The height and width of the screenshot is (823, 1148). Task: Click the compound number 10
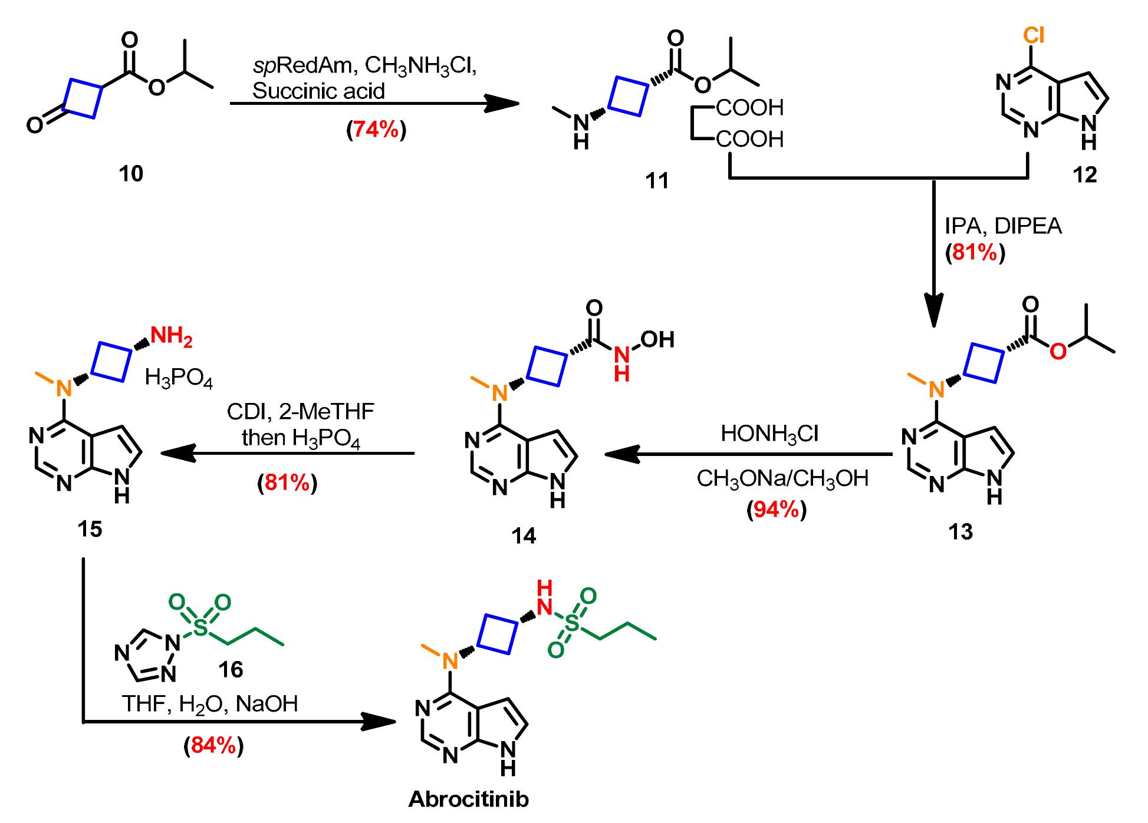(x=131, y=174)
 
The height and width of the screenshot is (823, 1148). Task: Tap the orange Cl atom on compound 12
(x=1034, y=37)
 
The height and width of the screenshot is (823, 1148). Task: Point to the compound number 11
(x=657, y=180)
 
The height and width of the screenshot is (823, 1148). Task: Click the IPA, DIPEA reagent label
(x=1003, y=226)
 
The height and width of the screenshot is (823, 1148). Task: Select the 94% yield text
(x=776, y=510)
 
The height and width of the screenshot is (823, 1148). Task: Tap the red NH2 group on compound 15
(x=172, y=337)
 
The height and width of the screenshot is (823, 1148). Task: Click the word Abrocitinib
(x=468, y=799)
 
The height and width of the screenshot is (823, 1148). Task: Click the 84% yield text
(x=213, y=746)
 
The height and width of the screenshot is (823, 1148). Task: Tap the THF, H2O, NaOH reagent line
(x=210, y=704)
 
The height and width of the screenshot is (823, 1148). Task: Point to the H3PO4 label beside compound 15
(x=179, y=378)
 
